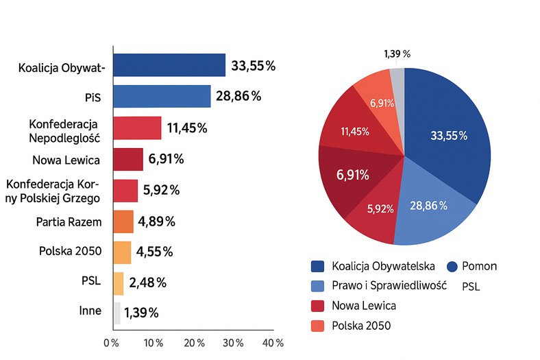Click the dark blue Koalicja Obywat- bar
(169, 65)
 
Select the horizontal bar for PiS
(162, 97)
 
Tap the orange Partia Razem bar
(123, 221)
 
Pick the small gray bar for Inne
(117, 313)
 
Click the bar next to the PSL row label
(119, 283)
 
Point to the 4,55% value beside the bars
(155, 251)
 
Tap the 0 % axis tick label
(112, 343)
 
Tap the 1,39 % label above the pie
(397, 53)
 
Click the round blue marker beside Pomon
(453, 266)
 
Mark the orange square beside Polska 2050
(318, 325)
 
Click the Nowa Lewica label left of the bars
(66, 160)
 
